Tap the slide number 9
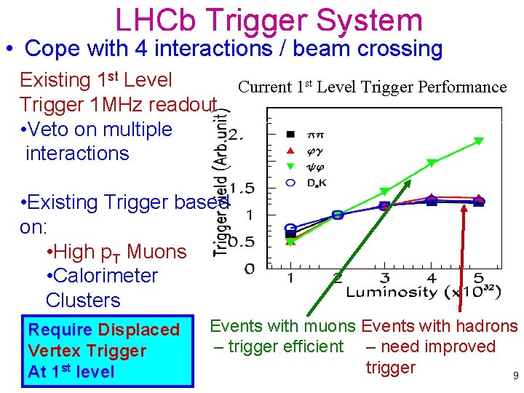515,376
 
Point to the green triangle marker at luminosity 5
479,140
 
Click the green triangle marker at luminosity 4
432,163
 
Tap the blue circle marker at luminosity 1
290,229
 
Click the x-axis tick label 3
385,278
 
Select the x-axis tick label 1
290,278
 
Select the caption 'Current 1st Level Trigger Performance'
372,87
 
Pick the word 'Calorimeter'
101,276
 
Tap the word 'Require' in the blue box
60,330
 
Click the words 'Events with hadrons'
439,327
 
